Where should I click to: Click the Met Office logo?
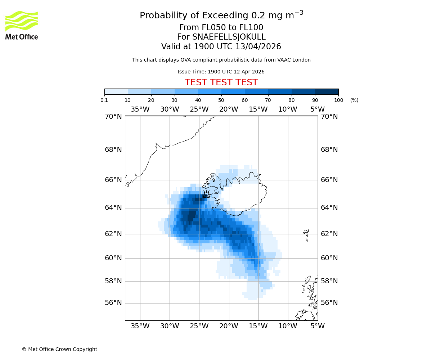click(22, 25)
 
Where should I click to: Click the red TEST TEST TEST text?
click(221, 82)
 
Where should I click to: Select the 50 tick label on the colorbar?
click(221, 100)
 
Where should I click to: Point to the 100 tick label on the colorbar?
click(338, 100)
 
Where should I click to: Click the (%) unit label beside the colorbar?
click(354, 100)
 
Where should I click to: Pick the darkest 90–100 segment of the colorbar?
click(327, 91)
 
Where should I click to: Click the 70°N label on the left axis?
click(113, 116)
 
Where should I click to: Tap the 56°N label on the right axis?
click(329, 303)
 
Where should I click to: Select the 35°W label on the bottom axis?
click(140, 326)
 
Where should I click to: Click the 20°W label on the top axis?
click(229, 109)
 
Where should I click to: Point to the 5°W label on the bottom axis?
click(318, 326)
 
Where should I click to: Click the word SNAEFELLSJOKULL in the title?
click(229, 37)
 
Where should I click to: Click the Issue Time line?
click(221, 72)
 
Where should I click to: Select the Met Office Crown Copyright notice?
click(59, 349)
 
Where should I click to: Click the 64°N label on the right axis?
click(329, 207)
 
